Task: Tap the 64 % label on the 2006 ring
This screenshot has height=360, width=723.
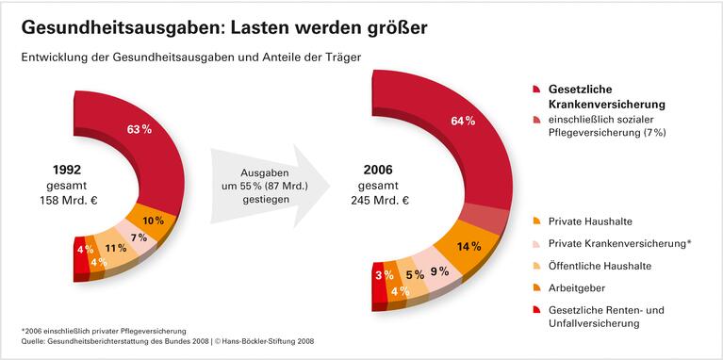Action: click(462, 121)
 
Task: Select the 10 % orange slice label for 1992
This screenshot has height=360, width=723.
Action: click(153, 221)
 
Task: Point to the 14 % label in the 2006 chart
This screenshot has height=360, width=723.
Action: click(469, 247)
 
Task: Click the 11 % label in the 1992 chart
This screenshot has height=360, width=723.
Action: click(116, 249)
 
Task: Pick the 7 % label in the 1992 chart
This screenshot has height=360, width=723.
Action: click(139, 237)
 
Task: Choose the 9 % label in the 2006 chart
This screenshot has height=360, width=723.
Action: click(439, 271)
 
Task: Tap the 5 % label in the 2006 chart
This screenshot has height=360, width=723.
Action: click(415, 275)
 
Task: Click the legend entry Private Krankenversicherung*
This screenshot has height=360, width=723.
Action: click(619, 243)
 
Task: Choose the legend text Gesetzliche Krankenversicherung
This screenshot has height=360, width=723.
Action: click(607, 96)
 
